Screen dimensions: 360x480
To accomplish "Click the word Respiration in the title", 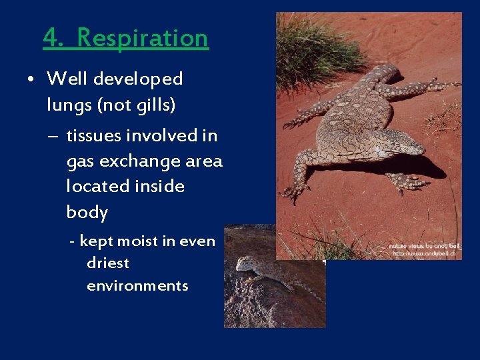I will point(143,38).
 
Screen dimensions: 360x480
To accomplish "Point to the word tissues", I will point(93,135).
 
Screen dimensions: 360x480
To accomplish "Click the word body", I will point(87,213).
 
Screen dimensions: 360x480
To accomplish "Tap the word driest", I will point(108,263).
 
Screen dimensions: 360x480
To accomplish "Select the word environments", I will point(137,286).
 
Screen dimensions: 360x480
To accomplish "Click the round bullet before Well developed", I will point(31,79).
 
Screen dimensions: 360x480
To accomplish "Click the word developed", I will point(138,79).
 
